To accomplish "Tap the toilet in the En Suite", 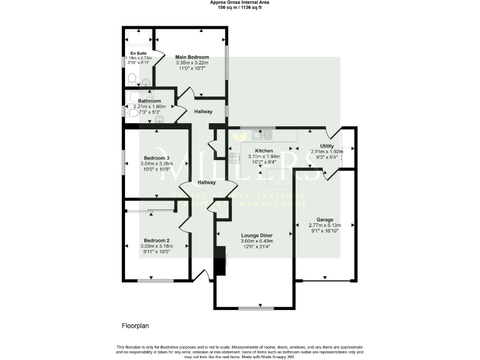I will [x=132, y=79].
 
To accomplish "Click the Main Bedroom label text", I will [x=192, y=57].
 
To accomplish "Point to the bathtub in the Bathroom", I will [x=139, y=95].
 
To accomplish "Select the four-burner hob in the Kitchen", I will [x=235, y=158].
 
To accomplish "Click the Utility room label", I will [x=328, y=146].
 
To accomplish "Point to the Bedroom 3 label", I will [x=157, y=157].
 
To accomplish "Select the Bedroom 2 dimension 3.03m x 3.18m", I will [x=156, y=246].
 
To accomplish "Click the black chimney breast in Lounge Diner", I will [x=219, y=261].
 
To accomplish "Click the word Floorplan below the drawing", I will [x=136, y=326].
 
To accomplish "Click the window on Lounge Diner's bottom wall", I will [x=256, y=308].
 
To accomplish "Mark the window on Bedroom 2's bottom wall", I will [x=156, y=280].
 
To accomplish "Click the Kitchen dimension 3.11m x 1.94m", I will [x=262, y=156].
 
